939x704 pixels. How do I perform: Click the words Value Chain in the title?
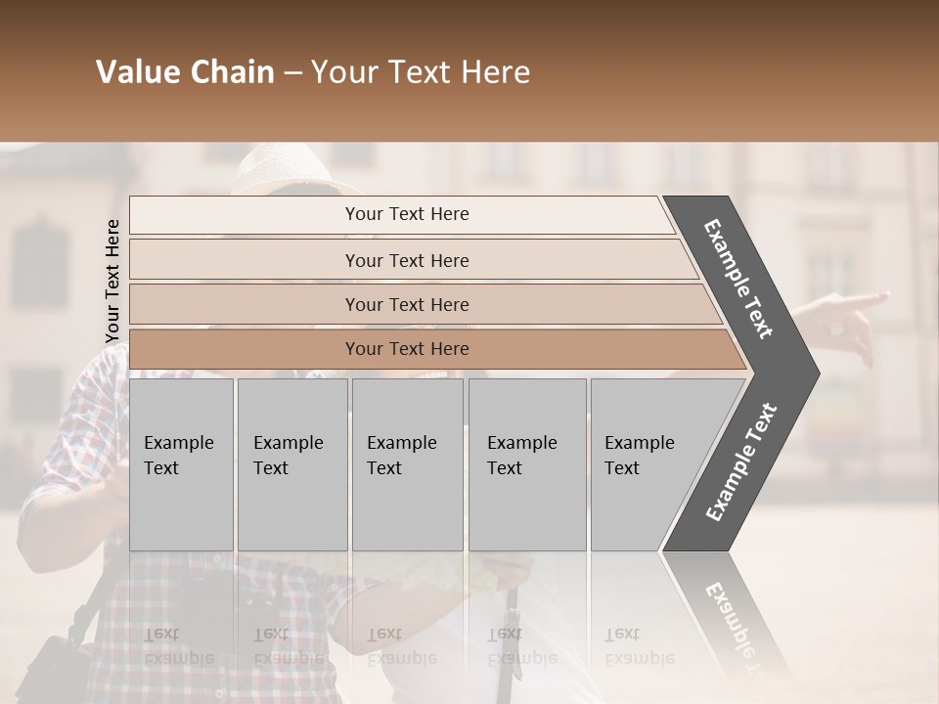coord(185,72)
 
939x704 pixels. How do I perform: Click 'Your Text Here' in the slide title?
coord(421,72)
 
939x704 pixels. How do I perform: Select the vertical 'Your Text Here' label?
coord(112,281)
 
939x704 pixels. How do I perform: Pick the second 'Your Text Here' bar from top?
coord(407,260)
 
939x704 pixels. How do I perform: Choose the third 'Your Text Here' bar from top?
coord(407,304)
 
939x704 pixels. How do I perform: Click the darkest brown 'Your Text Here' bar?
coord(407,349)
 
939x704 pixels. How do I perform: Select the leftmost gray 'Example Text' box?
coord(181,464)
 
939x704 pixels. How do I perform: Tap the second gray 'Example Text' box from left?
coord(291,464)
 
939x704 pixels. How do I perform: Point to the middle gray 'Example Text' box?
coord(407,464)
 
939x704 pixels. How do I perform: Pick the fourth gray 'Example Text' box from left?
coord(526,464)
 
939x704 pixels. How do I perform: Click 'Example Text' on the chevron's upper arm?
coord(738,279)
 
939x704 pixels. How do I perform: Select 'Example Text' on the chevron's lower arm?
coord(741,462)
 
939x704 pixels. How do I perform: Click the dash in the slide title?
coord(292,72)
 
